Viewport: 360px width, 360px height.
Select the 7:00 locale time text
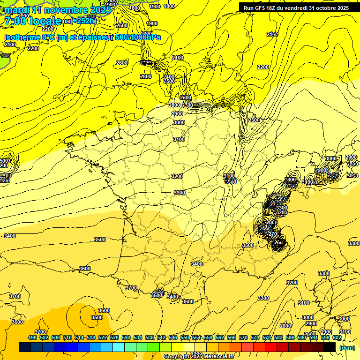tap(33, 21)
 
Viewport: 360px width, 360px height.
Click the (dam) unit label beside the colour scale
tap(346, 348)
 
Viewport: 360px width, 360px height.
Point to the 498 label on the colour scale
tap(32, 338)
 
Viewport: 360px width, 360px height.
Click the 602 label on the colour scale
tap(337, 338)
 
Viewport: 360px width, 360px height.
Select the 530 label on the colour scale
tap(126, 338)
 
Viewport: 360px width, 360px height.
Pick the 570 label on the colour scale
tap(243, 338)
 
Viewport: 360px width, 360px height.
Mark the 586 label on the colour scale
tap(290, 338)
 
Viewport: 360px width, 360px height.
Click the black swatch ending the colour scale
tap(330, 347)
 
